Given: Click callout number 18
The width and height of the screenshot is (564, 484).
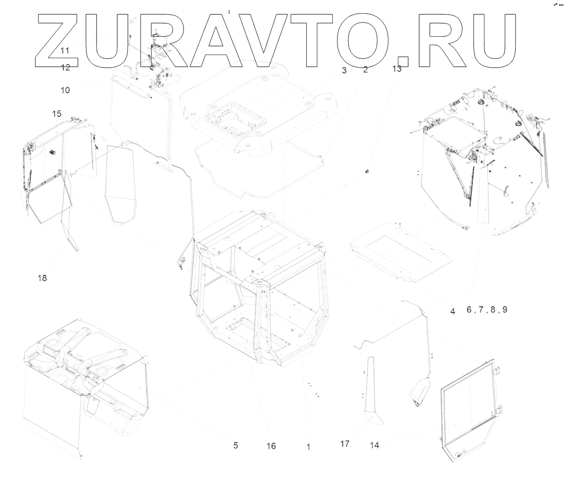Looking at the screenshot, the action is point(42,278).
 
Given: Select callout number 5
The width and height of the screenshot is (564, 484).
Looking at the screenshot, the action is point(236,446).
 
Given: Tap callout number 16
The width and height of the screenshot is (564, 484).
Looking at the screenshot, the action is point(270,446).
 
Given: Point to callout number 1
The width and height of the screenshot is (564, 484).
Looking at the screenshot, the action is point(308,447).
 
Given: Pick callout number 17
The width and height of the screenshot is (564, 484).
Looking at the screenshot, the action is point(344,444).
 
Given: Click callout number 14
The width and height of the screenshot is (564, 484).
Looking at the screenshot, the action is point(374,445).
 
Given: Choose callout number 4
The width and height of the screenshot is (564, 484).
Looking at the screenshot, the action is point(452,311).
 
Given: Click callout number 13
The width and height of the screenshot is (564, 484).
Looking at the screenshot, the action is point(397,69).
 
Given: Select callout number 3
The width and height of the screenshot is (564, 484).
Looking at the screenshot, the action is point(344,70).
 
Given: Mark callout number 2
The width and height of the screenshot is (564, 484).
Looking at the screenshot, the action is point(365,69).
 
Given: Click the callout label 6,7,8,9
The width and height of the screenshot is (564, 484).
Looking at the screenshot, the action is point(487,310).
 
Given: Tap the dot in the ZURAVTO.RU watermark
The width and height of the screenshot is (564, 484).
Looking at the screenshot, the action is point(402,62).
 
